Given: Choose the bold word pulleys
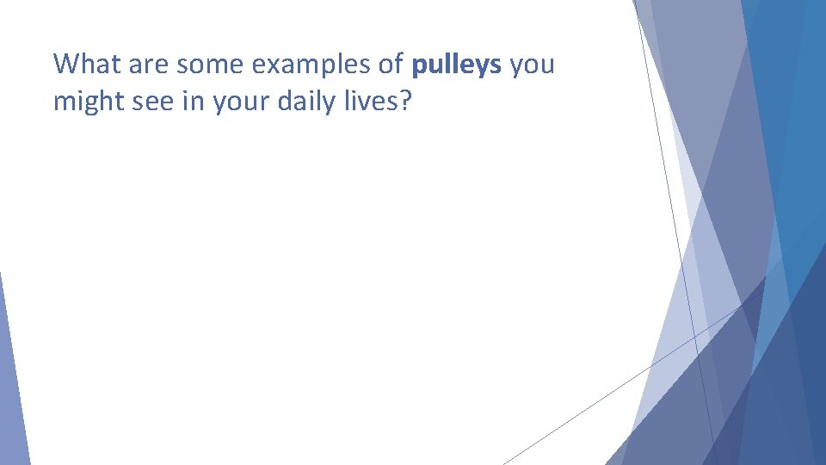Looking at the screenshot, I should [x=457, y=65].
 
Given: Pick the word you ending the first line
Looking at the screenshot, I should [x=532, y=65].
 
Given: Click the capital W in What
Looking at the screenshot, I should [x=65, y=65].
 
